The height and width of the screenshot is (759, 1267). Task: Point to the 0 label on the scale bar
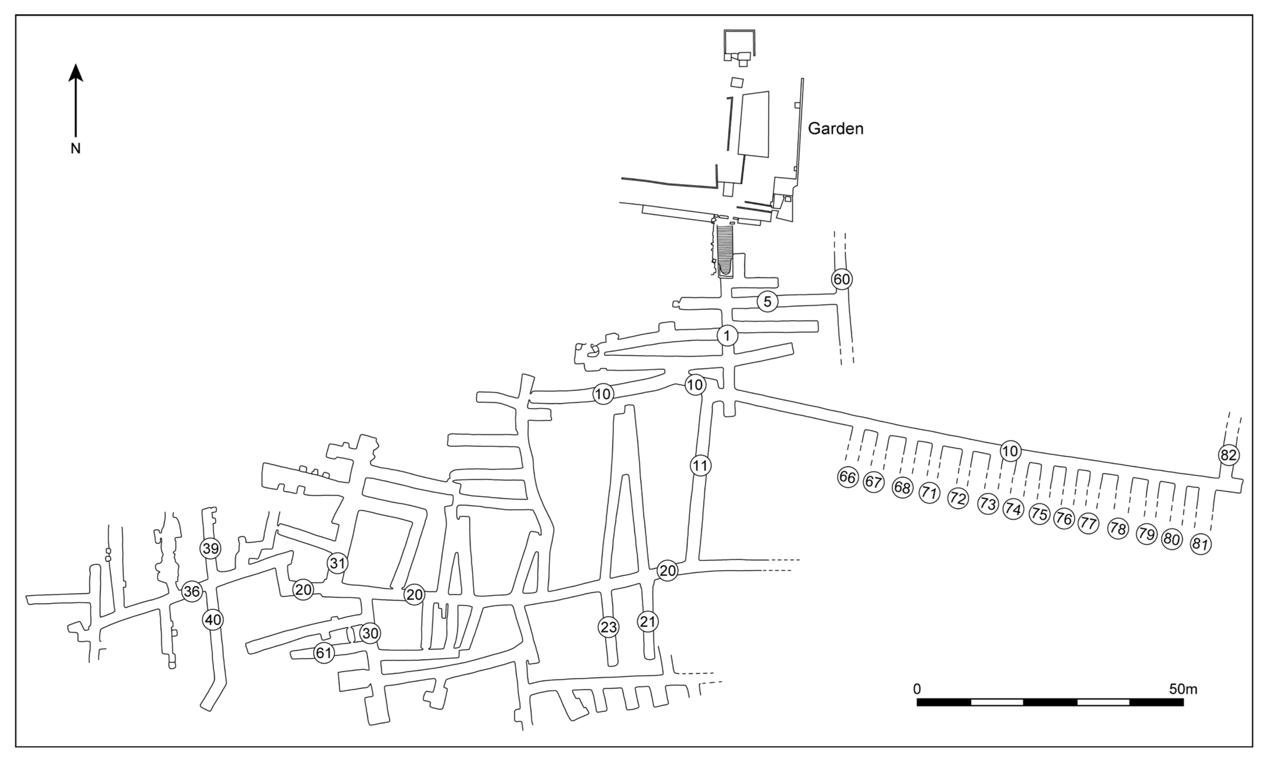pos(917,689)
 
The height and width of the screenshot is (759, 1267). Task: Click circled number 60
pos(841,279)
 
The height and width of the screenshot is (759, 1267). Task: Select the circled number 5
pos(767,302)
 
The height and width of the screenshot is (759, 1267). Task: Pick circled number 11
pos(700,466)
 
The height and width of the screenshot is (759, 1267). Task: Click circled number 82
pos(1228,455)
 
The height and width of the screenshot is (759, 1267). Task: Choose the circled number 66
pos(847,477)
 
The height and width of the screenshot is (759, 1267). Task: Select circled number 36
pos(192,592)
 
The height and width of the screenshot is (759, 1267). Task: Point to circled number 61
pos(324,653)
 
